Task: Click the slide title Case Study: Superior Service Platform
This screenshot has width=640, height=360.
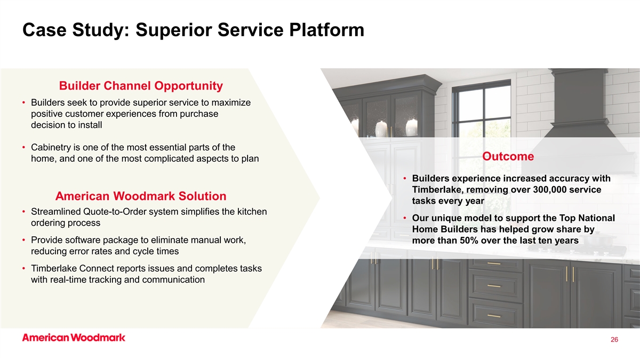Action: click(193, 30)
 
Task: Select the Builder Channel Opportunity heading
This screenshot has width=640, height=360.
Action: click(141, 86)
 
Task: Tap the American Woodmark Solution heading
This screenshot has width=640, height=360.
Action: click(141, 196)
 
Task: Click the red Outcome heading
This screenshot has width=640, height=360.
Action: click(508, 156)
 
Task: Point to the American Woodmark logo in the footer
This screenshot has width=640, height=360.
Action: click(74, 338)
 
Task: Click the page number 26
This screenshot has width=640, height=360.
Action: click(614, 339)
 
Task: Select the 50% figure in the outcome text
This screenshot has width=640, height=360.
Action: click(469, 241)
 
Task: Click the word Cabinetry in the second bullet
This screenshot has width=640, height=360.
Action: click(51, 147)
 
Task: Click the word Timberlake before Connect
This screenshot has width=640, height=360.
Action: click(54, 269)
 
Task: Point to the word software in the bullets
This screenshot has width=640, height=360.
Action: click(82, 240)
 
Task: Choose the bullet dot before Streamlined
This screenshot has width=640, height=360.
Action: click(23, 212)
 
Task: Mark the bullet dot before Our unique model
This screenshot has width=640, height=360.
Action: click(405, 218)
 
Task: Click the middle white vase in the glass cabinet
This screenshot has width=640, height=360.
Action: click(381, 129)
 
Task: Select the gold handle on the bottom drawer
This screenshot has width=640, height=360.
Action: click(494, 316)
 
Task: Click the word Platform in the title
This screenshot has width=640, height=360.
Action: click(326, 30)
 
